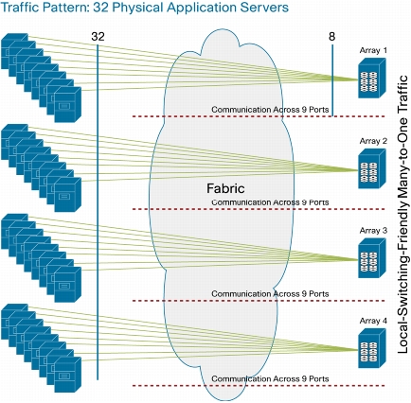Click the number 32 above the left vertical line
coord(98,37)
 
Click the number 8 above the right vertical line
coord(331,37)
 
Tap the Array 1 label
coord(373,50)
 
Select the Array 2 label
coord(373,141)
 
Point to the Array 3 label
coord(373,231)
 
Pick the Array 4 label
coord(373,321)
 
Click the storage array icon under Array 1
coord(372,79)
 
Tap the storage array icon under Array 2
coord(372,168)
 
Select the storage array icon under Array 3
coord(372,258)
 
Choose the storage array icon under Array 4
coord(372,348)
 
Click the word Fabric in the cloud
coord(225,188)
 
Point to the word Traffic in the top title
coord(20,7)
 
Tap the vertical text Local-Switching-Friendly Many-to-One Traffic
coord(403,214)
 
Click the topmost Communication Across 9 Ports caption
coord(270,110)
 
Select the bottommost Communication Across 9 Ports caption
coord(270,378)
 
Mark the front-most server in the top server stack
coord(67,104)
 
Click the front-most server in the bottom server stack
coord(67,375)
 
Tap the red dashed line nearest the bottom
coord(259,386)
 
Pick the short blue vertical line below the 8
coord(332,80)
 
